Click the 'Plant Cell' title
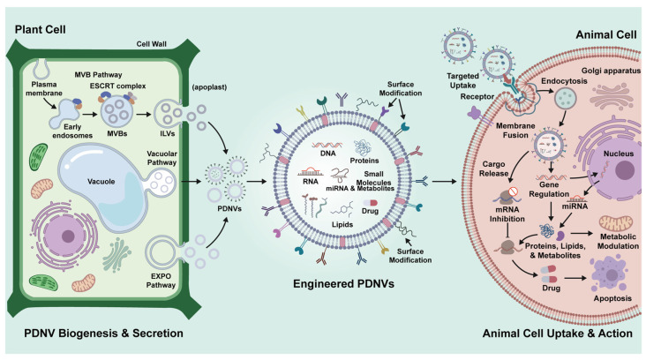click(x=41, y=30)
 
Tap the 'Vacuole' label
click(x=101, y=181)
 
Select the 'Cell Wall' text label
click(x=151, y=44)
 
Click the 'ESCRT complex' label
click(x=118, y=86)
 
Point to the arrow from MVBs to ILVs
click(x=143, y=114)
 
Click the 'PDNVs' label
click(x=229, y=209)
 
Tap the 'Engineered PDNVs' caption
click(x=343, y=284)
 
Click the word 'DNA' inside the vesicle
click(x=328, y=154)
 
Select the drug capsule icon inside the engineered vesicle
click(x=370, y=203)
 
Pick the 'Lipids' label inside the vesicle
click(x=342, y=224)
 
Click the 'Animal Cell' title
click(x=606, y=34)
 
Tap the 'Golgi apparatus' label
click(x=611, y=71)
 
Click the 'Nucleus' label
click(x=619, y=154)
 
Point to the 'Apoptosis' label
click(x=612, y=298)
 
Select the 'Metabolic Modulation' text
click(x=618, y=242)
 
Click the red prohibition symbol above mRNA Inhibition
click(x=513, y=191)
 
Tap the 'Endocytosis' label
click(x=564, y=81)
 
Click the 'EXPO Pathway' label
click(x=161, y=281)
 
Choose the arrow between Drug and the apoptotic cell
click(x=575, y=278)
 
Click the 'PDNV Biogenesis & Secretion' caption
click(x=103, y=334)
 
